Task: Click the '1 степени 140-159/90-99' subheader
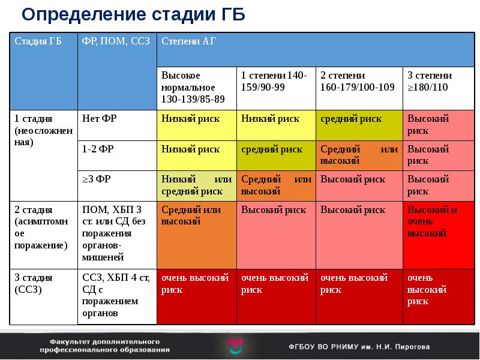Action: click(x=274, y=82)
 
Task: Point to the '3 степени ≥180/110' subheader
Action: click(x=430, y=82)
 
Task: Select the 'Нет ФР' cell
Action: click(x=99, y=119)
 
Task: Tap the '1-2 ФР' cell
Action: click(x=100, y=149)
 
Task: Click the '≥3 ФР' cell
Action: click(x=98, y=179)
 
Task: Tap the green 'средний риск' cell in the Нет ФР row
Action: click(x=351, y=119)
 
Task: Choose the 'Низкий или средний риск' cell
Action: click(x=196, y=185)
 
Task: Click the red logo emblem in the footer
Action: click(x=236, y=345)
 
